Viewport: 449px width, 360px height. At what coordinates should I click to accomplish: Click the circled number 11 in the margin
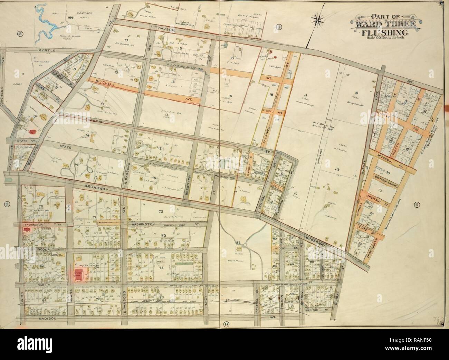(417, 205)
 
